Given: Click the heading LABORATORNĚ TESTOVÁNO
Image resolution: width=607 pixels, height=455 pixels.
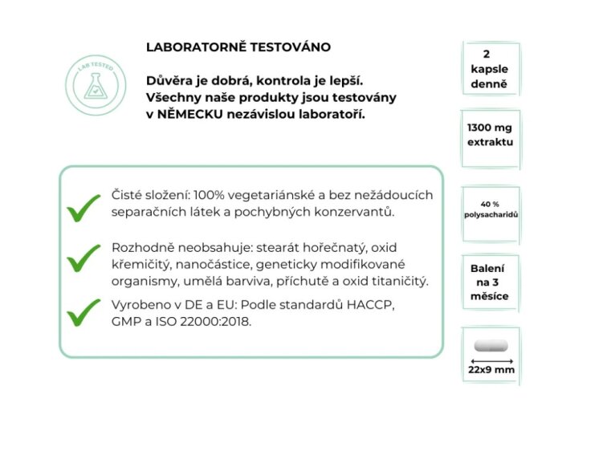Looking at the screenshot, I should pos(238,47).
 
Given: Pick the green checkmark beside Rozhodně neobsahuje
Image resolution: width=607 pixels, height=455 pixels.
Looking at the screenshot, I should pos(84,258).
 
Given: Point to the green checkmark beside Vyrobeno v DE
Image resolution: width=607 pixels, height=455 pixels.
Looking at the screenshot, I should pos(84,312).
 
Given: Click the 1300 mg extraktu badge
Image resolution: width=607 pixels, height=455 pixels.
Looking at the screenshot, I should pos(490,135).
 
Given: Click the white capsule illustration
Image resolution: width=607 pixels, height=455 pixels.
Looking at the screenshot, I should pos(491,346).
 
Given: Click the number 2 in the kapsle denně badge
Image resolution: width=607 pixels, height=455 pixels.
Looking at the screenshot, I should pos(489,53).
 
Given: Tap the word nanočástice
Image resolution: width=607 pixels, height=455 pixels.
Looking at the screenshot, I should pos(207,264).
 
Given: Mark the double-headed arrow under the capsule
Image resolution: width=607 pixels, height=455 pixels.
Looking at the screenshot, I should pos(491,361).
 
